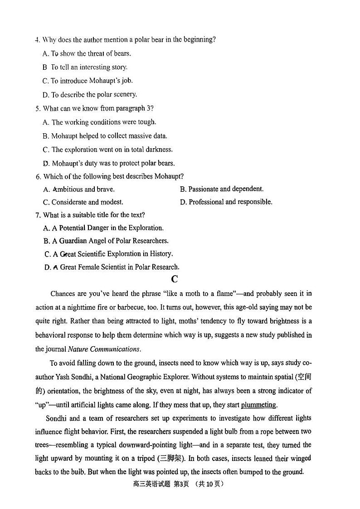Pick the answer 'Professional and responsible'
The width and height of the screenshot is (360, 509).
click(x=226, y=202)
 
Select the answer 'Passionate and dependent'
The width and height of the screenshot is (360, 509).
click(x=222, y=189)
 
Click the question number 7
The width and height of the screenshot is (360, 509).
click(x=38, y=215)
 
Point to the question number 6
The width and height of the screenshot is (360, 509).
click(x=38, y=176)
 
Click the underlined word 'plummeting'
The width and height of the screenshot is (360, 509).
click(x=258, y=405)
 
